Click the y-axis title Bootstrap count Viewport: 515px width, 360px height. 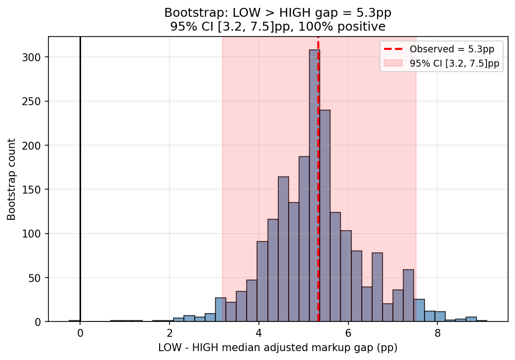(x=11, y=179)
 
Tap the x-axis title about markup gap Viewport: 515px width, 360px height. (x=278, y=348)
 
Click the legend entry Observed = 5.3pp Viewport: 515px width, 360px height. (x=455, y=49)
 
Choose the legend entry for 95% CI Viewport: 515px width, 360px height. (x=454, y=63)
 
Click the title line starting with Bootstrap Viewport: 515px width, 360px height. (x=278, y=12)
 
